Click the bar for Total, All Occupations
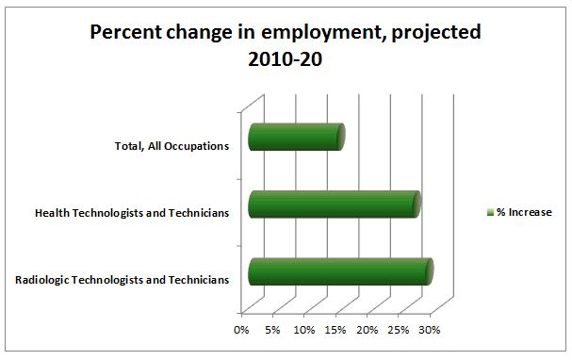(295, 137)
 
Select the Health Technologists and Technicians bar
(333, 205)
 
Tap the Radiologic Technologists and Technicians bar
(339, 271)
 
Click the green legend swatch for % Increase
(490, 212)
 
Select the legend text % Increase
(525, 212)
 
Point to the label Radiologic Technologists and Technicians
(123, 280)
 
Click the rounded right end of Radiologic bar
(429, 271)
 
